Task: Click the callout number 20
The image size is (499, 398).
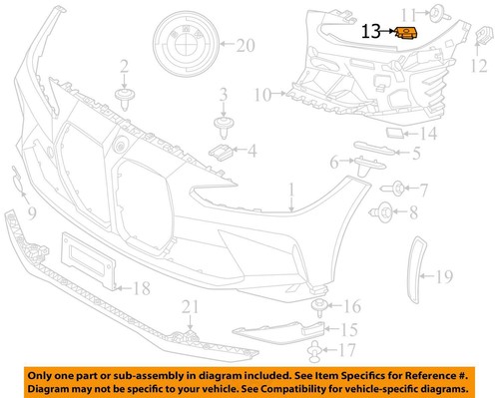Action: click(247, 45)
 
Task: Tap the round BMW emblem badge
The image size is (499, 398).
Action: click(186, 45)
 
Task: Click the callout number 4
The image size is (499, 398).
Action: click(252, 153)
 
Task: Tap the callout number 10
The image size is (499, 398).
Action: click(262, 96)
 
